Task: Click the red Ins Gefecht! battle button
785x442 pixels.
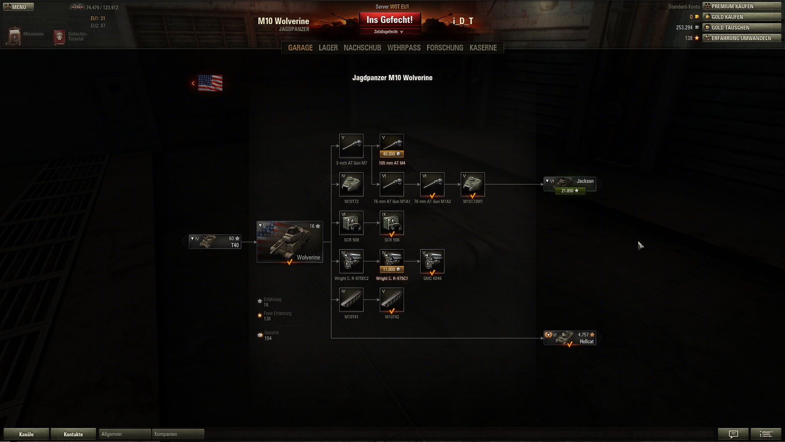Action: tap(390, 20)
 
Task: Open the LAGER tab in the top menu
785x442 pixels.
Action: tap(328, 48)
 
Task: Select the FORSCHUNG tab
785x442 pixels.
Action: tap(445, 48)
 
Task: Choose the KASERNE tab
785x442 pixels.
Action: tap(483, 48)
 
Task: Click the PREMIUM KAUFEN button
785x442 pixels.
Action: tap(742, 6)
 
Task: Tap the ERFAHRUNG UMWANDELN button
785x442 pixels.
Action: tap(742, 38)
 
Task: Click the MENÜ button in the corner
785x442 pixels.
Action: tap(18, 7)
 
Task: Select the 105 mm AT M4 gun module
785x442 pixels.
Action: tap(392, 146)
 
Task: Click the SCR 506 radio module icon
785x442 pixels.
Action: tap(392, 223)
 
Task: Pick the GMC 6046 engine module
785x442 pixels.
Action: tap(432, 261)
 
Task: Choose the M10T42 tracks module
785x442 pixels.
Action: tap(392, 300)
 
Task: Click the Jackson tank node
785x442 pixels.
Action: tap(570, 184)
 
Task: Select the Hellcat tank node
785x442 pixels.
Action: tap(570, 338)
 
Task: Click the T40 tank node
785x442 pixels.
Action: tap(215, 242)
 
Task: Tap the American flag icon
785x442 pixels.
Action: tap(210, 83)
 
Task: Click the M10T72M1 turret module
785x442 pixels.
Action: tap(473, 184)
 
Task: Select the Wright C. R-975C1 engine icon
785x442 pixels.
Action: tap(392, 261)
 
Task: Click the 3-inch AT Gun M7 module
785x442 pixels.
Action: tap(351, 146)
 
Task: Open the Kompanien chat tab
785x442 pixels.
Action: tap(178, 434)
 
